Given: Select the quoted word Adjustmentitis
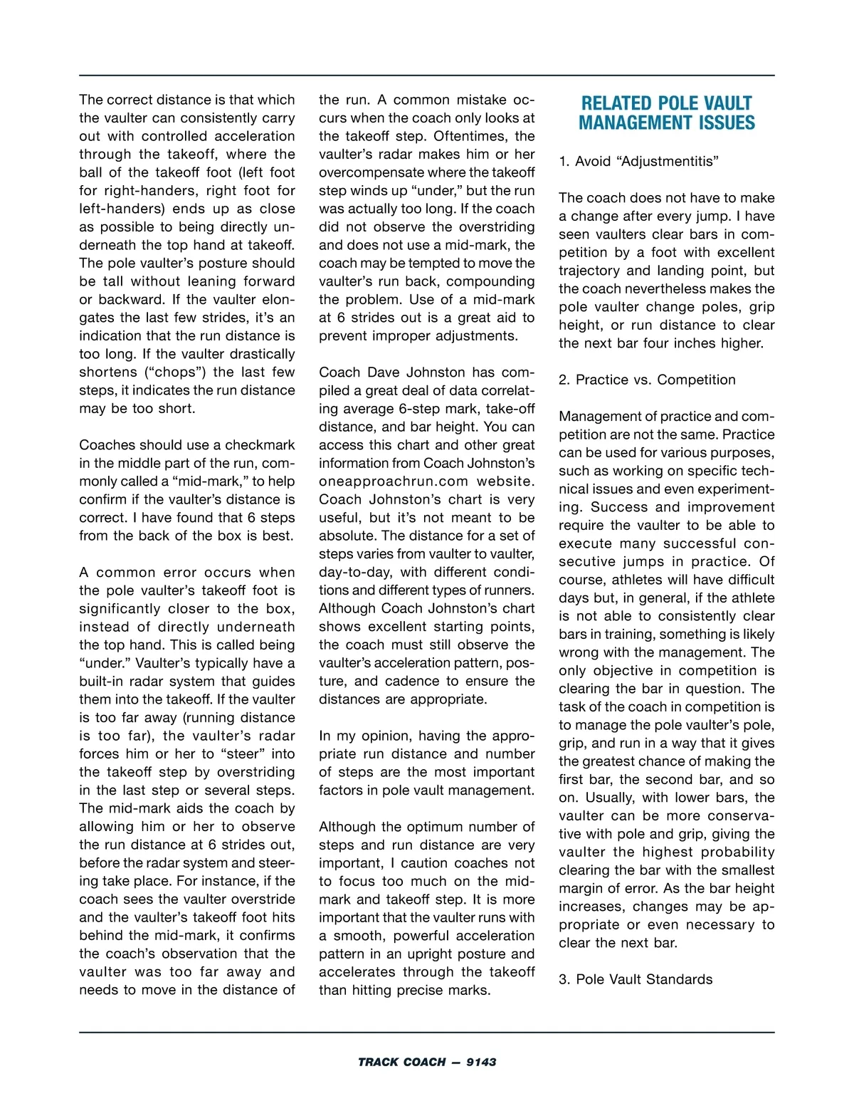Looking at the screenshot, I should [670, 161].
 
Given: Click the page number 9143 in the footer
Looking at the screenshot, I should [481, 1062].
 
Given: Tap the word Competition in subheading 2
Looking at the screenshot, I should [696, 380].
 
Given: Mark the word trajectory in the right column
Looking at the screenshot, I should [590, 271].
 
